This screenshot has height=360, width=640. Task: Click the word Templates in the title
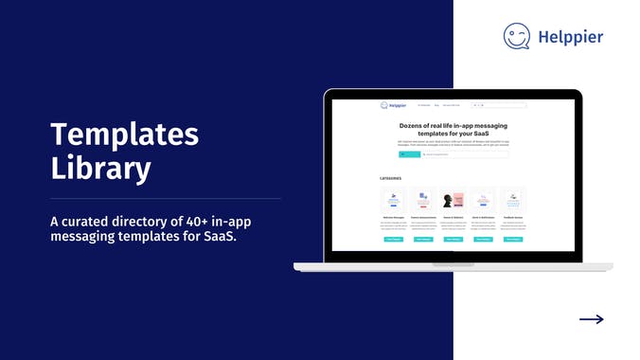[124, 134]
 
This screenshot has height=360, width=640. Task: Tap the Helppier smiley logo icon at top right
[517, 36]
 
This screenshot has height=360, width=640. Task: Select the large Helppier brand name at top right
[571, 37]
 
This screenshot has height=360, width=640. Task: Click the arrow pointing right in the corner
[591, 319]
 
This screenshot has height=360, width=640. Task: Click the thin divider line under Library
[166, 199]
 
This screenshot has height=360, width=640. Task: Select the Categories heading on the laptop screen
[391, 177]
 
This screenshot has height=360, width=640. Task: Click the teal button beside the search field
[408, 153]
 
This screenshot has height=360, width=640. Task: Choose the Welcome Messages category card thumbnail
[394, 202]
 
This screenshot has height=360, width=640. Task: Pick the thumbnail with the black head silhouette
[453, 202]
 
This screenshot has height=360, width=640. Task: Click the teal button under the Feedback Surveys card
[512, 240]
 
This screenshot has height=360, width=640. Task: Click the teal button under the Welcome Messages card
[394, 240]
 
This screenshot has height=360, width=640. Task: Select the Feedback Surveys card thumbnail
[512, 202]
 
